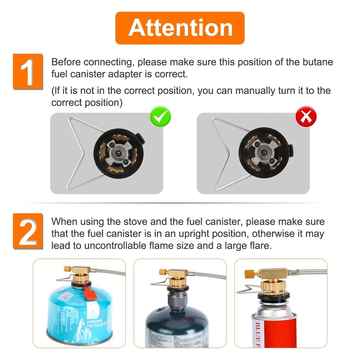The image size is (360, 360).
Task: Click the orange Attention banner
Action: click(180, 28)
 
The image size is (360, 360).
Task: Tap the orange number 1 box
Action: click(27, 71)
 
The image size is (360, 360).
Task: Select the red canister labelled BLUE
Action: click(274, 328)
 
